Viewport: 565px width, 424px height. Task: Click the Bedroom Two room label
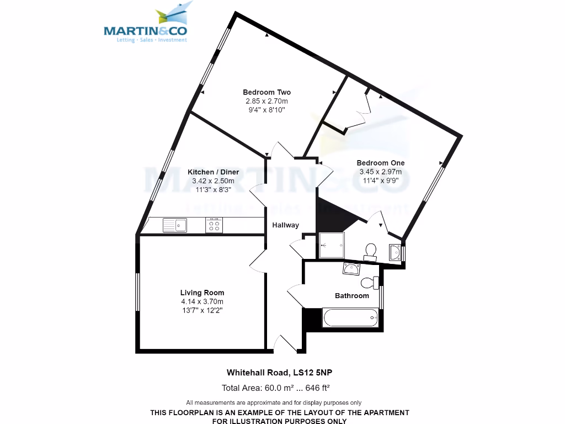266,92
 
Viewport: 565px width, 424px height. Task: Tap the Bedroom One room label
380,163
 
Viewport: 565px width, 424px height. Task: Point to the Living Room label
202,293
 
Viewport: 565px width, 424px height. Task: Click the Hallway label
286,225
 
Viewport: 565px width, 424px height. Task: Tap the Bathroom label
351,296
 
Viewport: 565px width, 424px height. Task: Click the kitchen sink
174,225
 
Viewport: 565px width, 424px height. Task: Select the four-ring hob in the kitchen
214,225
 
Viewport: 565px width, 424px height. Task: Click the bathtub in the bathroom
350,318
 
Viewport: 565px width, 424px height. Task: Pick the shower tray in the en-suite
332,245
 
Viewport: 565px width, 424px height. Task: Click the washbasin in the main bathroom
351,269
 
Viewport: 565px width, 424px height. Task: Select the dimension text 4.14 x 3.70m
202,301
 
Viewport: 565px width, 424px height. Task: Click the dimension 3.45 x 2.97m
380,172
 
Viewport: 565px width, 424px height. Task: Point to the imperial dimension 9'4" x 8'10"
266,110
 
